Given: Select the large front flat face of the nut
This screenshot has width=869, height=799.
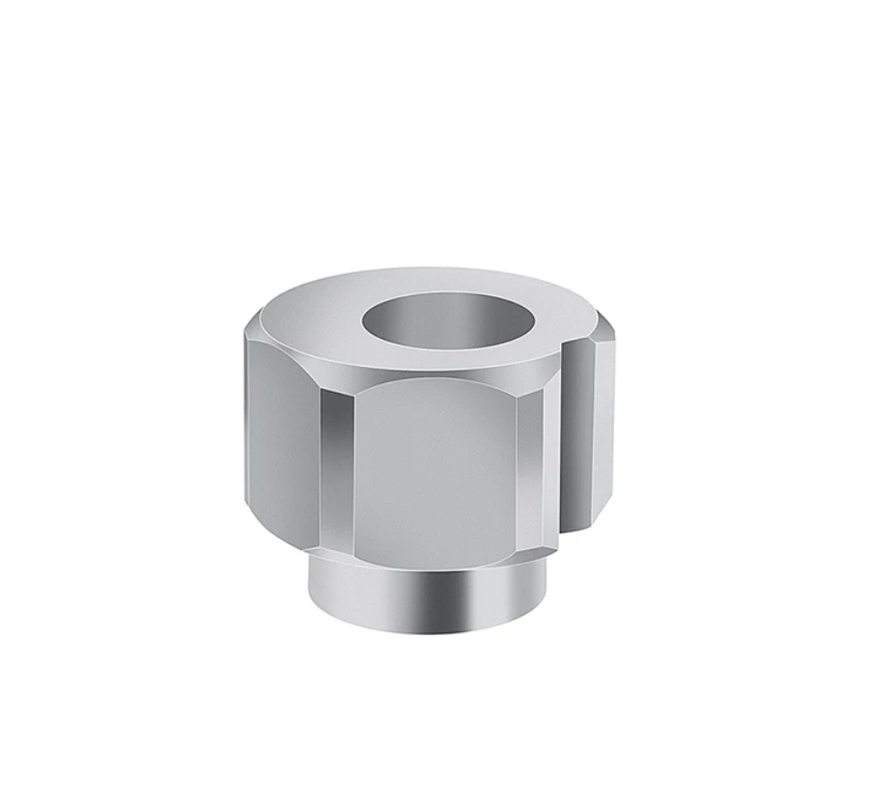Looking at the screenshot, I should click(x=434, y=463).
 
